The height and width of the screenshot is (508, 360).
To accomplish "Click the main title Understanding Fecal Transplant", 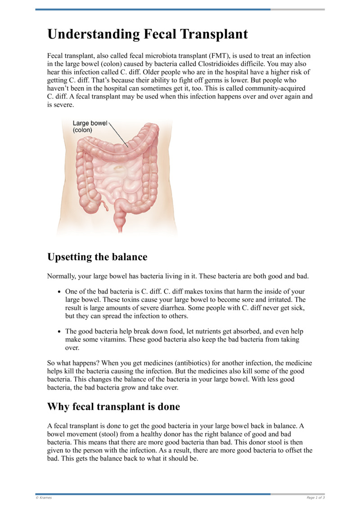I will (148, 34).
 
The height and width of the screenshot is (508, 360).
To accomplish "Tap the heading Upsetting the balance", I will (97, 257).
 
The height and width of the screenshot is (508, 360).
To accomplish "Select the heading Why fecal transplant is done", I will (113, 407).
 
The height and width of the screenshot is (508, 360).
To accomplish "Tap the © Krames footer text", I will (44, 497).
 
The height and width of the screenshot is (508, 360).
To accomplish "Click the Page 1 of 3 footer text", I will (315, 497).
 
